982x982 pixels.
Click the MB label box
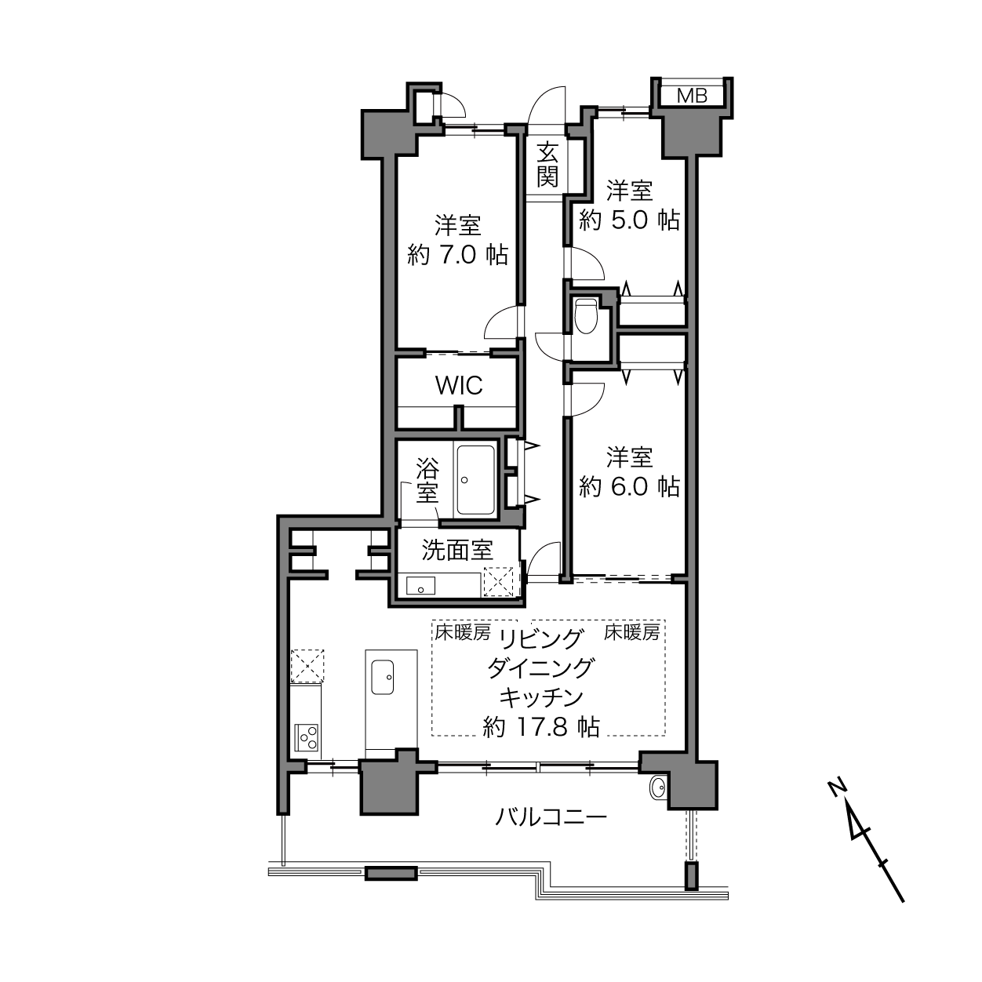[x=692, y=95]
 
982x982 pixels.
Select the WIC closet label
[x=459, y=386]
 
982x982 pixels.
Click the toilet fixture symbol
[x=586, y=316]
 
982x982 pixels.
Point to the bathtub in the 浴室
[x=475, y=479]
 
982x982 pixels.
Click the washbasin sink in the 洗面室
[x=420, y=586]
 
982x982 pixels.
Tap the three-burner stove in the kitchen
[x=308, y=736]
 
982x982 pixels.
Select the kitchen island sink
[x=382, y=677]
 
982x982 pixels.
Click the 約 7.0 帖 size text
[x=457, y=254]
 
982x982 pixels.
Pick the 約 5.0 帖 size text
[x=629, y=220]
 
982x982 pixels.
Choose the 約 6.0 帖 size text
[x=629, y=486]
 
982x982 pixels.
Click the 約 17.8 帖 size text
[x=541, y=727]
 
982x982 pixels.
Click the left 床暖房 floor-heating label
[x=462, y=632]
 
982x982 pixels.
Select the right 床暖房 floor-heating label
[x=632, y=632]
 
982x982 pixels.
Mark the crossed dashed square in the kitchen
[x=307, y=666]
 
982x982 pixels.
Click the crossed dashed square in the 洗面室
[x=499, y=581]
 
